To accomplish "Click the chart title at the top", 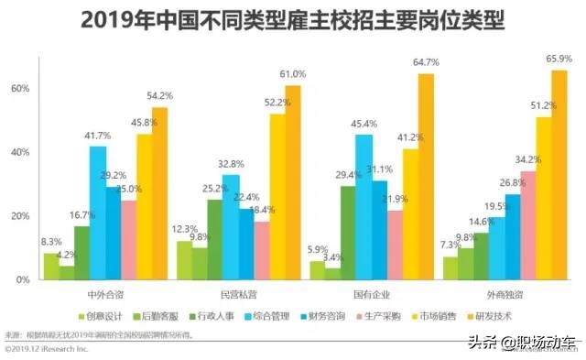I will coord(293,19).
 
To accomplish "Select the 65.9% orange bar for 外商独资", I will coord(559,175).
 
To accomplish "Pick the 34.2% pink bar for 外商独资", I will coord(528,225).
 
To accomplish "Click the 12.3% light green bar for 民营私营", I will coord(184,260).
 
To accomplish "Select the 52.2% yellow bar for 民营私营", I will coord(277,196).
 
